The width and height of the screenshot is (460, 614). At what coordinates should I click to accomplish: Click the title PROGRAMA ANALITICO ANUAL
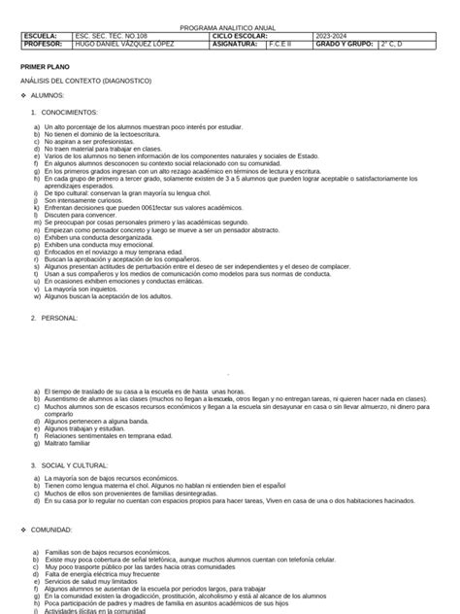point(229,27)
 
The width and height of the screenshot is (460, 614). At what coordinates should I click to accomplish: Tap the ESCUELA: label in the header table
point(39,36)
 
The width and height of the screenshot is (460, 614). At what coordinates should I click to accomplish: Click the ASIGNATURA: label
point(237,45)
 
